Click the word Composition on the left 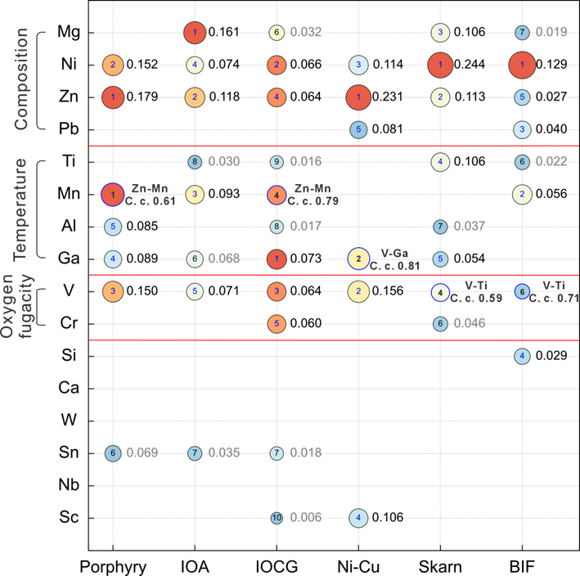pyautogui.click(x=21, y=79)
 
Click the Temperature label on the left pyautogui.click(x=21, y=209)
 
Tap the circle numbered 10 pyautogui.click(x=277, y=517)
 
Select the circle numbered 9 pyautogui.click(x=277, y=162)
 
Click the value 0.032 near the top pyautogui.click(x=306, y=33)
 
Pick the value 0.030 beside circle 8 pyautogui.click(x=224, y=162)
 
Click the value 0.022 pyautogui.click(x=551, y=162)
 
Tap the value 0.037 pyautogui.click(x=470, y=226)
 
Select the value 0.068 pyautogui.click(x=224, y=259)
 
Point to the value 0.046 pyautogui.click(x=470, y=323)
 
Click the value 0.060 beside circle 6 pyautogui.click(x=142, y=452)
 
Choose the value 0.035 pyautogui.click(x=224, y=452)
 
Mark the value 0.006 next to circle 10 pyautogui.click(x=306, y=517)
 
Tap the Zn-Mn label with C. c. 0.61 pyautogui.click(x=149, y=189)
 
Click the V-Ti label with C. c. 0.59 pyautogui.click(x=476, y=286)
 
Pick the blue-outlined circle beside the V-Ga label pyautogui.click(x=358, y=259)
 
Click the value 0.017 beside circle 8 pyautogui.click(x=306, y=226)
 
